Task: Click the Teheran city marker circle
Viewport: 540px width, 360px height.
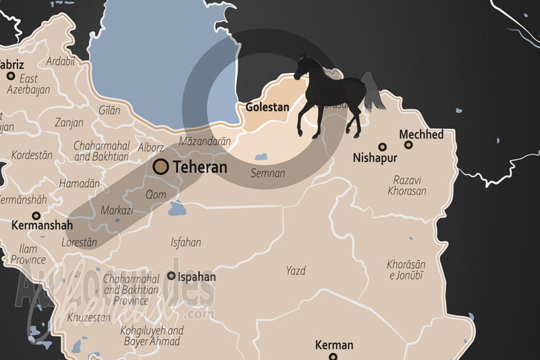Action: pyautogui.click(x=161, y=166)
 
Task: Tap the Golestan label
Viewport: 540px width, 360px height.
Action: pyautogui.click(x=267, y=107)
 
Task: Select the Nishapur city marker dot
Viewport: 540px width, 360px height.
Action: pyautogui.click(x=382, y=146)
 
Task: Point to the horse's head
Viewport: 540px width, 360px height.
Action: pyautogui.click(x=300, y=66)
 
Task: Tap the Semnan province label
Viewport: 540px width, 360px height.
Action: pyautogui.click(x=268, y=174)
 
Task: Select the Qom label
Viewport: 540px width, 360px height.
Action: pyautogui.click(x=156, y=194)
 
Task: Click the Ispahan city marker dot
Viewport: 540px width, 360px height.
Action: pyautogui.click(x=171, y=276)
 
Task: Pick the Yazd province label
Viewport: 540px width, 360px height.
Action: pyautogui.click(x=296, y=271)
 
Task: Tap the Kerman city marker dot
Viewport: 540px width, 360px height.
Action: pyautogui.click(x=334, y=359)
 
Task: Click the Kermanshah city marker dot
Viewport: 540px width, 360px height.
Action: pyautogui.click(x=36, y=215)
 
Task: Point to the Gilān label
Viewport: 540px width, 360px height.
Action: pyautogui.click(x=109, y=109)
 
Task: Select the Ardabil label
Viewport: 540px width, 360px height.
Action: pyautogui.click(x=60, y=61)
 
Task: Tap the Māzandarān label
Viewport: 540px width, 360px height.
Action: pyautogui.click(x=205, y=142)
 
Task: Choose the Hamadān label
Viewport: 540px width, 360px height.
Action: pyautogui.click(x=79, y=183)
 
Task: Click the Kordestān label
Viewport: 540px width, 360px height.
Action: pyautogui.click(x=32, y=155)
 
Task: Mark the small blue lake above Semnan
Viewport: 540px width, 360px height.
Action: pyautogui.click(x=261, y=157)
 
